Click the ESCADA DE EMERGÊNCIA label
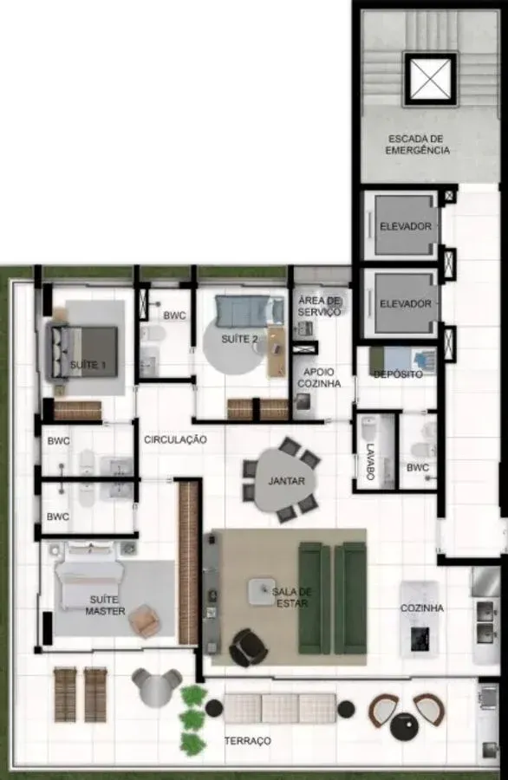pos(418,144)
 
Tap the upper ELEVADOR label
pos(406,226)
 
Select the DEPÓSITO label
pos(398,374)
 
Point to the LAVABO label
pos(370,462)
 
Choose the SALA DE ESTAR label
pos(291,597)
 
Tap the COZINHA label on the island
pos(422,608)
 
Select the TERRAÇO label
pos(248,741)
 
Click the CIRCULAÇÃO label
pos(175,439)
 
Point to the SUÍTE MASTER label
pos(105,605)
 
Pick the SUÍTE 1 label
pos(88,365)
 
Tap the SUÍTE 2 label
pos(239,339)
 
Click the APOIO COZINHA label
pos(319,378)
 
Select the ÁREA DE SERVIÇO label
pos(319,306)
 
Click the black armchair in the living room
pos(248,647)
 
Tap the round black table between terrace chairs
pos(405,725)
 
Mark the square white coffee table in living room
pos(262,592)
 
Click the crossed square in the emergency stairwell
pos(430,79)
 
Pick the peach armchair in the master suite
pos(144,621)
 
